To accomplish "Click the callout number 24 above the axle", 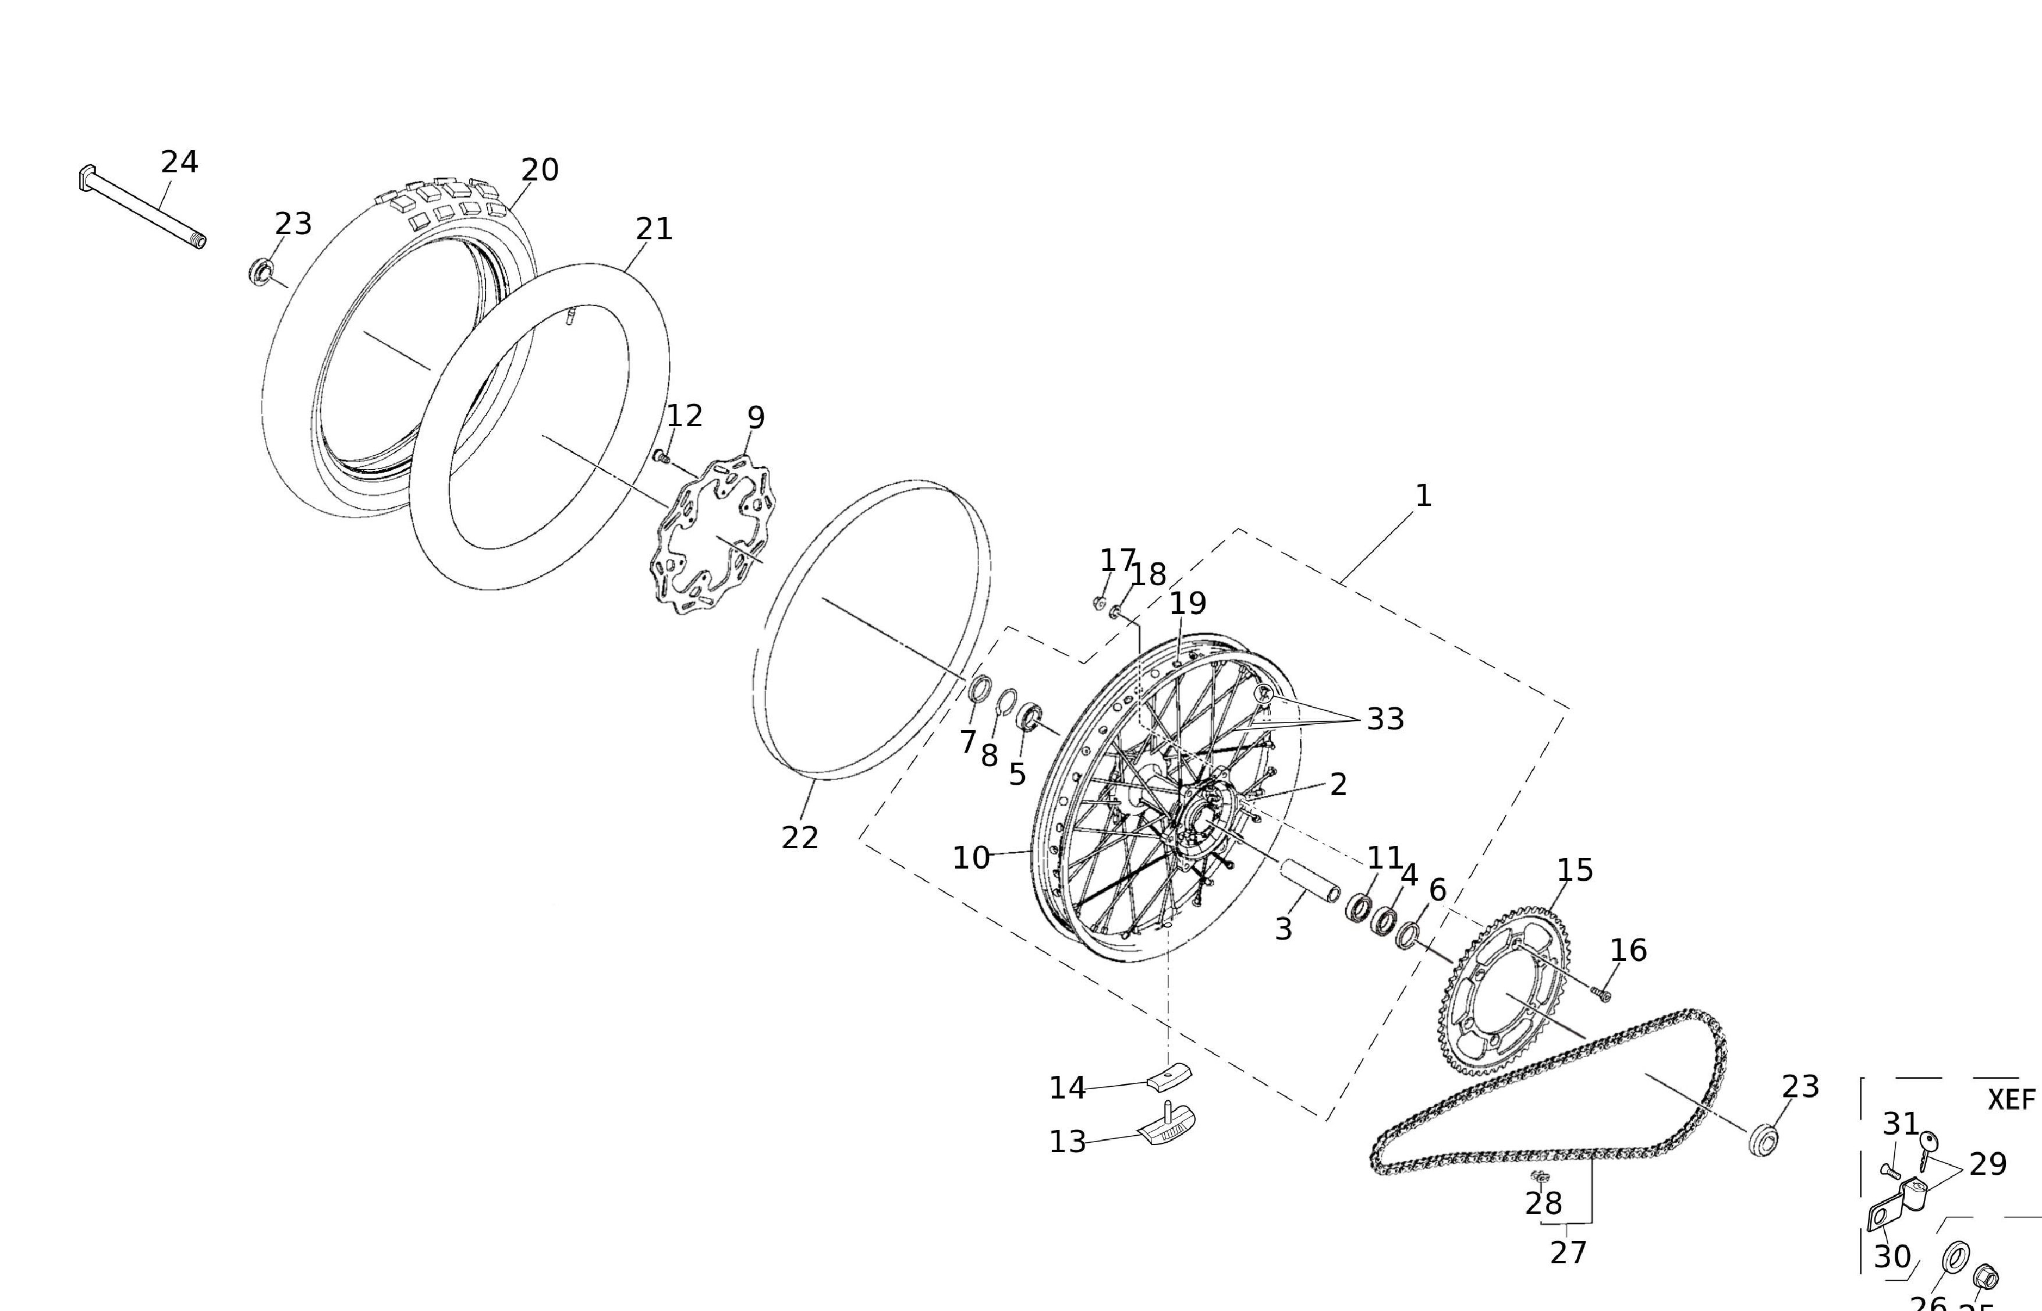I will (180, 162).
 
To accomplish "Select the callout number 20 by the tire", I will (540, 170).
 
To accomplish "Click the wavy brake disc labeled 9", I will (708, 536).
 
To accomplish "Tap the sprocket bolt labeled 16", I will (1602, 994).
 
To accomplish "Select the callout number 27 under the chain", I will (1568, 1252).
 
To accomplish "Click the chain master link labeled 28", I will (1539, 1177).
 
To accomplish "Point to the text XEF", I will (2011, 1099).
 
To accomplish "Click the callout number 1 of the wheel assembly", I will (1423, 495).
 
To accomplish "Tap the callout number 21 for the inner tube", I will (654, 229).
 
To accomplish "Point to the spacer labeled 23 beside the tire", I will (260, 272).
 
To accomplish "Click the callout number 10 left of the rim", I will (970, 858).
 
